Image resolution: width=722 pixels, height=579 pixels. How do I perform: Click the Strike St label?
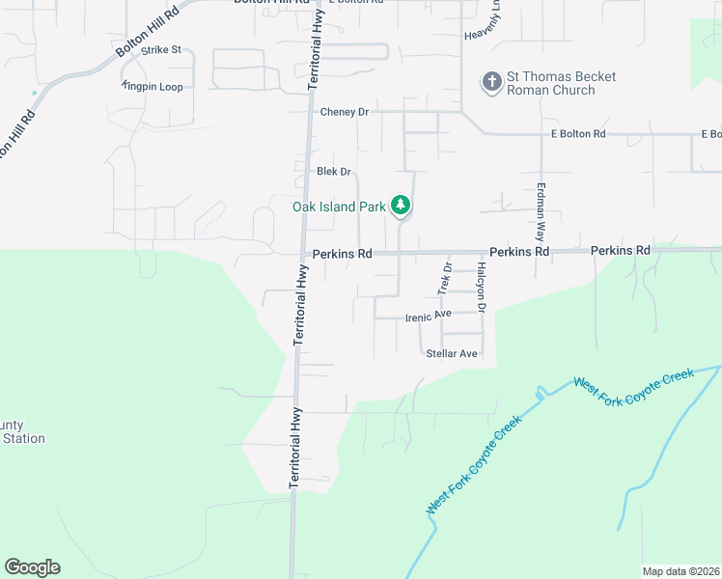[x=161, y=49]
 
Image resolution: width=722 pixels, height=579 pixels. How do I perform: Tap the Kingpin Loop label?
[x=153, y=87]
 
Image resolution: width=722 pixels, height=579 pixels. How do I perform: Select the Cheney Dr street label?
[x=345, y=112]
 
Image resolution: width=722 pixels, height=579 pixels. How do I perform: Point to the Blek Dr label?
[x=333, y=172]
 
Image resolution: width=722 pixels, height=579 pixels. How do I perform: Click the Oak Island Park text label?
[x=339, y=206]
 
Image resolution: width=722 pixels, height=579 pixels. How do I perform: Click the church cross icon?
[x=492, y=82]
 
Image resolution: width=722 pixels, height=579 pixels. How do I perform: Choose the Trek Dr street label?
[x=445, y=279]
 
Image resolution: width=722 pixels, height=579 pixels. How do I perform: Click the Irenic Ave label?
[x=429, y=315]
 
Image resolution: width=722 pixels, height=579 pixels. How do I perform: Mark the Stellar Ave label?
[x=452, y=354]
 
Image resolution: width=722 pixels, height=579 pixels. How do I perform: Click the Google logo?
[x=32, y=567]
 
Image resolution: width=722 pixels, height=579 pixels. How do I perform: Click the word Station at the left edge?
[x=23, y=438]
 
